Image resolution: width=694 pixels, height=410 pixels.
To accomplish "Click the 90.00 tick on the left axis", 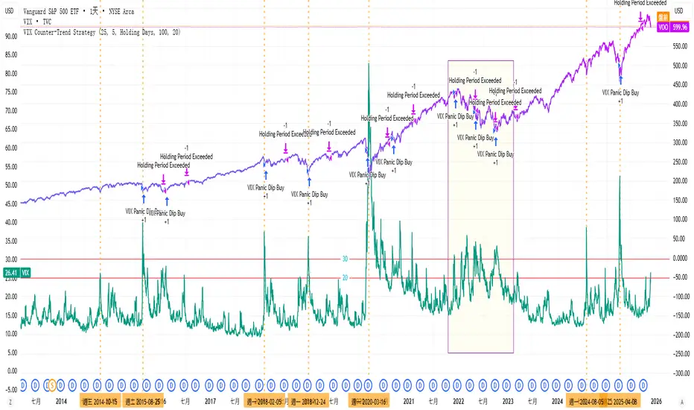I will pyautogui.click(x=10, y=36).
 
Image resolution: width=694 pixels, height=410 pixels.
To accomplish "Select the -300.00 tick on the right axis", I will pyautogui.click(x=677, y=374).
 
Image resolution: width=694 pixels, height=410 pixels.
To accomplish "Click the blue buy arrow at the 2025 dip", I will pyautogui.click(x=620, y=79).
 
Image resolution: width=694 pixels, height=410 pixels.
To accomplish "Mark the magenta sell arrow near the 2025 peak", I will pyautogui.click(x=640, y=15).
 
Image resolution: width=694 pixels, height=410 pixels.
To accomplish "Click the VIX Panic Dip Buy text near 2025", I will pyautogui.click(x=621, y=92).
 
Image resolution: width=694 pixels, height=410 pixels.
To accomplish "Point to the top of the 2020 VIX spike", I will pyautogui.click(x=369, y=64).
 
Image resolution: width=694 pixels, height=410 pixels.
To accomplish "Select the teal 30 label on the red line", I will pyautogui.click(x=345, y=259).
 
